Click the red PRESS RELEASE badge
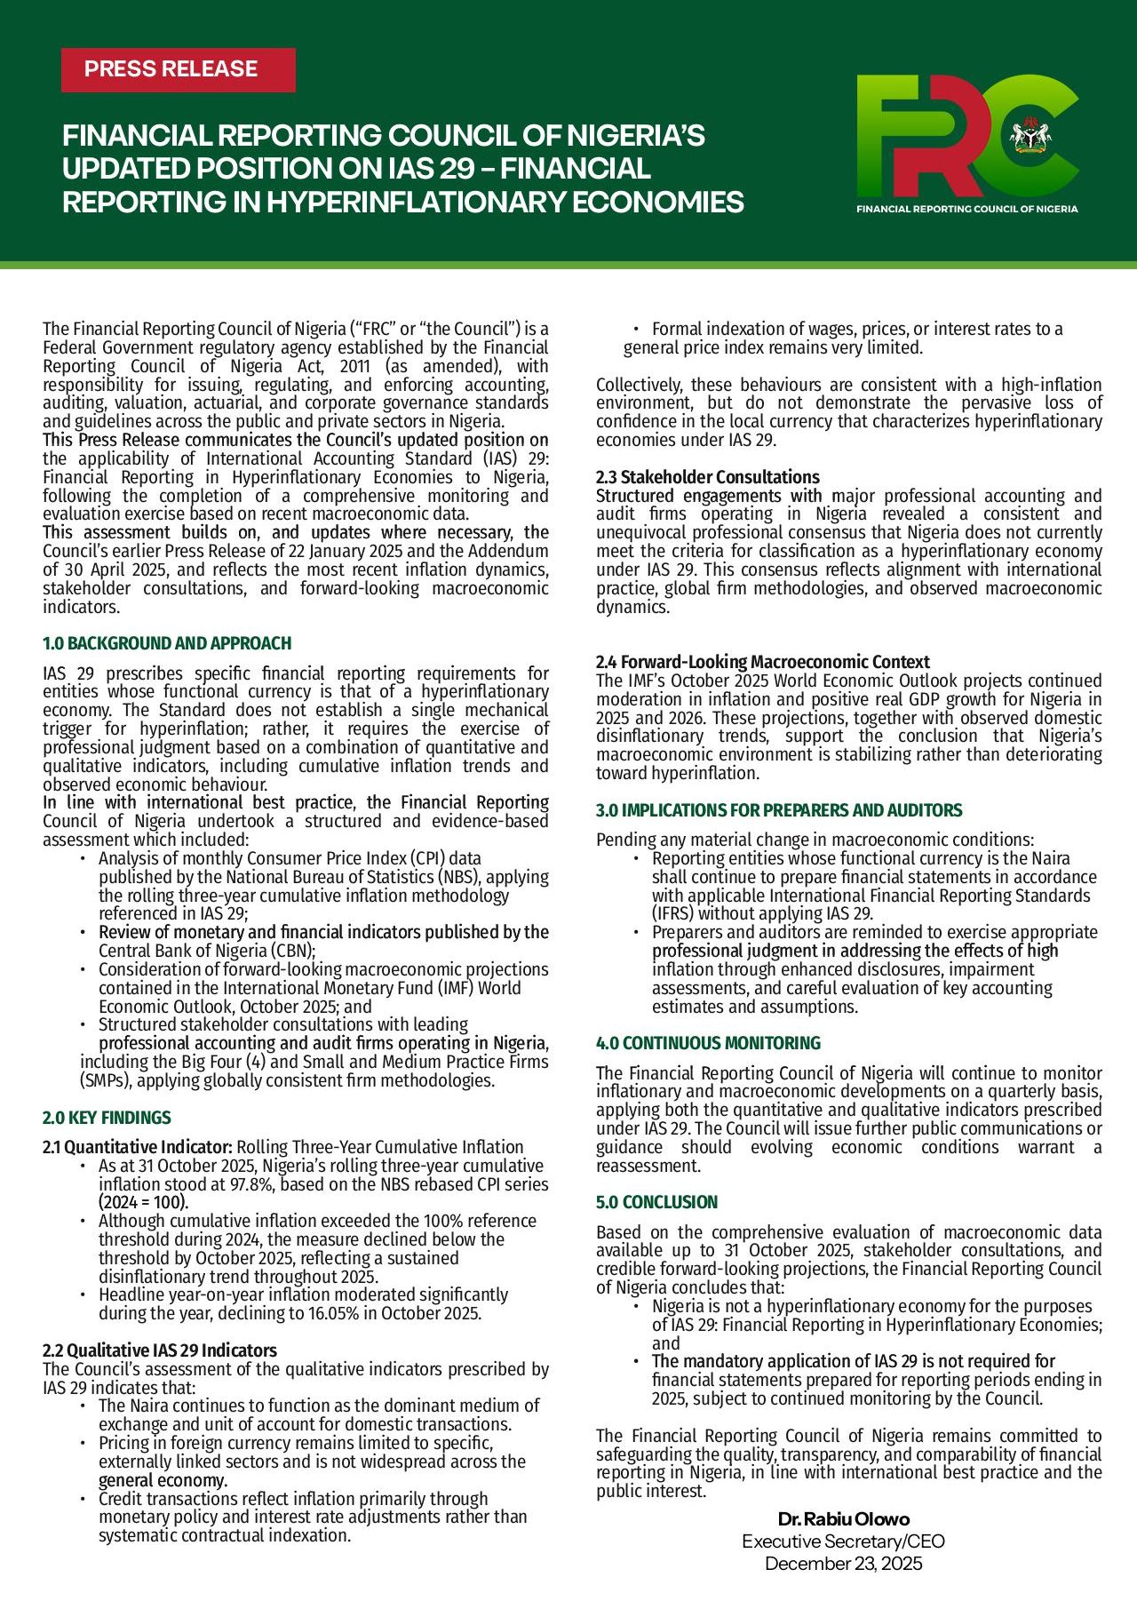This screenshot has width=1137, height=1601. click(x=178, y=69)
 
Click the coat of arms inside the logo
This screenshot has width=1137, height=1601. click(x=1030, y=135)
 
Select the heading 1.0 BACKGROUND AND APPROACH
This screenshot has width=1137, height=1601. click(x=167, y=643)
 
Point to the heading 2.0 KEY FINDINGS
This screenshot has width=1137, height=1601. click(x=107, y=1118)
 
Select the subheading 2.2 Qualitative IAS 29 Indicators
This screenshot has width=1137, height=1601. click(x=160, y=1350)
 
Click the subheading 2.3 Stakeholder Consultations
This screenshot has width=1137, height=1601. click(x=708, y=477)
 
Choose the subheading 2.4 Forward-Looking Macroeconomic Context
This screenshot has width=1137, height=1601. click(x=762, y=662)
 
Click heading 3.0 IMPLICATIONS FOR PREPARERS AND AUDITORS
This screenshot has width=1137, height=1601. click(x=779, y=810)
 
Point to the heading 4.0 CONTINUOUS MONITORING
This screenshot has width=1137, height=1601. click(x=708, y=1043)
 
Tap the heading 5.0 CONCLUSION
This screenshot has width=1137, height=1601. click(x=656, y=1202)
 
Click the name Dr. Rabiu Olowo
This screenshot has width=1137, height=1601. click(x=843, y=1519)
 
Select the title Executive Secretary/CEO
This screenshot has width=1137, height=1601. click(x=843, y=1541)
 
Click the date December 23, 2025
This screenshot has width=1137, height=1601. click(x=843, y=1564)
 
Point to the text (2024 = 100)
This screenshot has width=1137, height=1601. click(x=143, y=1203)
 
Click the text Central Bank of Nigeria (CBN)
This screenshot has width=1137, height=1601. click(x=206, y=951)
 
